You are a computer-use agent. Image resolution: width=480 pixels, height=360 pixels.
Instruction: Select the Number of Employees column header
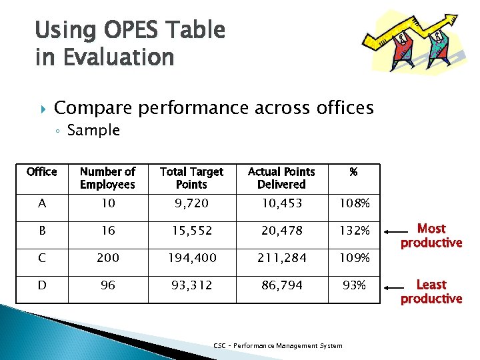[107, 178]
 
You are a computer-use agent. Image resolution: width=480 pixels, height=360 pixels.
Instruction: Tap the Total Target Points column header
[192, 178]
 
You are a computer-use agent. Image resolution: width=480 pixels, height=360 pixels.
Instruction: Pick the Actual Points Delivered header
[281, 178]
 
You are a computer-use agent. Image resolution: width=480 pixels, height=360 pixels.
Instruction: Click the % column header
[353, 172]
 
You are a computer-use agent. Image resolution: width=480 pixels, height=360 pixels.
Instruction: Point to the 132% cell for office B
[353, 230]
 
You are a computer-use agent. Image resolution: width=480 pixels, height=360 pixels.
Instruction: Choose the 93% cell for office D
[353, 285]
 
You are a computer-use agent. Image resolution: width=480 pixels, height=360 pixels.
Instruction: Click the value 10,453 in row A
[281, 203]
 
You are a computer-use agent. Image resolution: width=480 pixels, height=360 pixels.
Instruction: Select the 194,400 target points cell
[192, 257]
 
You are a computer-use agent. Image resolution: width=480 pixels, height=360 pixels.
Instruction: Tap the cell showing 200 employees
[107, 257]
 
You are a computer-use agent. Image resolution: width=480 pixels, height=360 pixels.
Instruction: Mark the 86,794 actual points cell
[281, 285]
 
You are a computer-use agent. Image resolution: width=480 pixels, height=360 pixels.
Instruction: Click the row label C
[41, 257]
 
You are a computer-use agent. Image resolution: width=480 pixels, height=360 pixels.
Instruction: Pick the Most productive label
[431, 235]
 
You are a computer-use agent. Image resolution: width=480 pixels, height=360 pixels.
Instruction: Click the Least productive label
[431, 291]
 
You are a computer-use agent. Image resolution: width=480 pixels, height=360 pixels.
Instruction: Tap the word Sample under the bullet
[93, 130]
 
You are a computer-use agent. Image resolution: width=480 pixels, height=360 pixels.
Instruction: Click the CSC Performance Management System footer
[278, 345]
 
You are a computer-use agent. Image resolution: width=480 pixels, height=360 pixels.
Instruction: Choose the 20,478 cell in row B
[281, 230]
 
